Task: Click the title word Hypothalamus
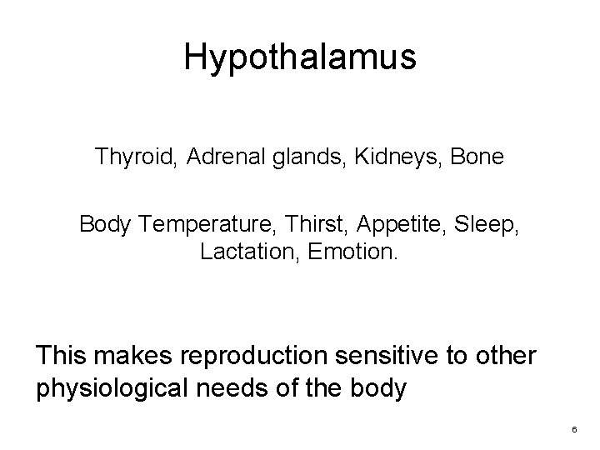299,57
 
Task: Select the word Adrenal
222,156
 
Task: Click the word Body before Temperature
107,224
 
